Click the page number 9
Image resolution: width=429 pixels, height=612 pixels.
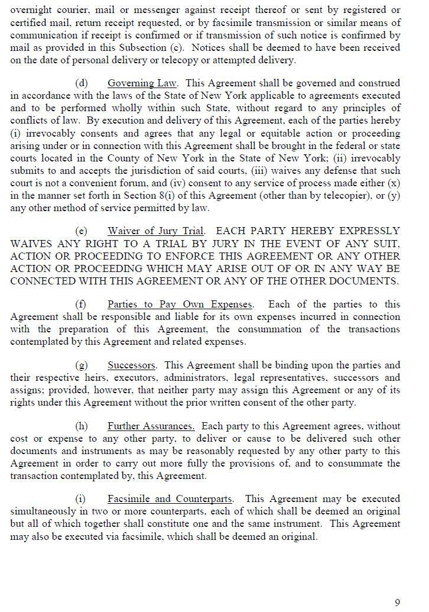tap(397, 603)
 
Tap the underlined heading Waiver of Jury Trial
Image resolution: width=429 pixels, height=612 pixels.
tap(156, 231)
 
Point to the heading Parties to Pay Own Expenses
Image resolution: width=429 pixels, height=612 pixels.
tap(180, 305)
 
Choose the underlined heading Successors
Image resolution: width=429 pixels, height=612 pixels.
tap(131, 365)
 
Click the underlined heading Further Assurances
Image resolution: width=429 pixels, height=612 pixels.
tap(151, 426)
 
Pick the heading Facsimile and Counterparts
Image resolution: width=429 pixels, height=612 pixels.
tap(170, 499)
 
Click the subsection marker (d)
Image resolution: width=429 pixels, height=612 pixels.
tap(81, 83)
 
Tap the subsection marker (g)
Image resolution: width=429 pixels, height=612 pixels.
tap(81, 365)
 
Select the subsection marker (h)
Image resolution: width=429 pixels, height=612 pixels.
tap(81, 426)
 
